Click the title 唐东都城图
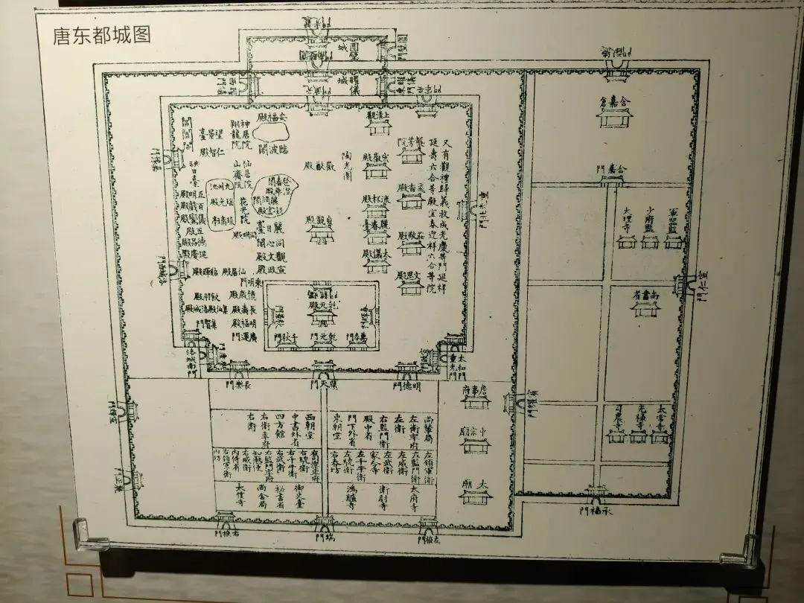tap(101, 36)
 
